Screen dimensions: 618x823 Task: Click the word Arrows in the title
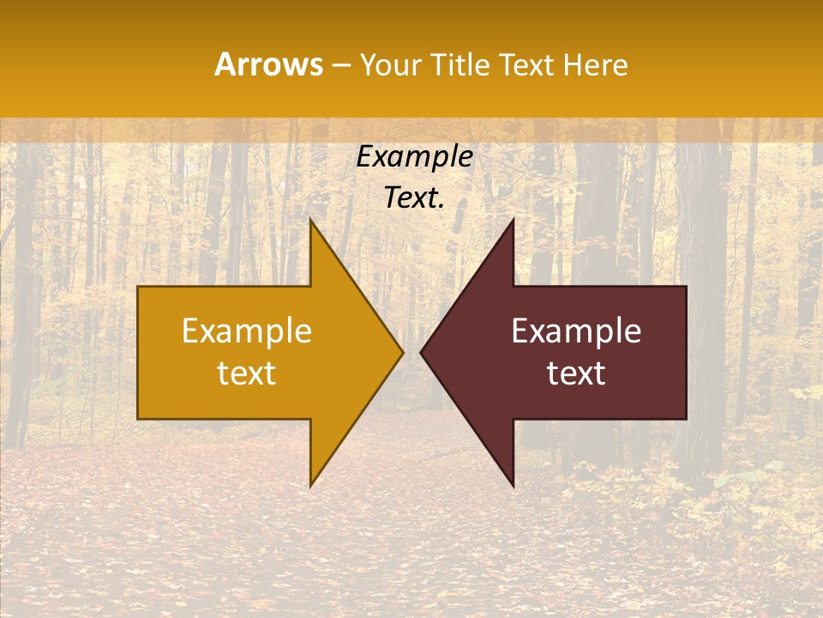268,64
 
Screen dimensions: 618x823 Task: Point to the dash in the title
340,65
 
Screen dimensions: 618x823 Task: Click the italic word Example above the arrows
415,157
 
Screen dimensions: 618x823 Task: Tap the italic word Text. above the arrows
415,197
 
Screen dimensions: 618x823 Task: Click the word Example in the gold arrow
247,331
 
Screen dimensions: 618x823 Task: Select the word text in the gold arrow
247,373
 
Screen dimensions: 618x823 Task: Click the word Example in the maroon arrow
576,331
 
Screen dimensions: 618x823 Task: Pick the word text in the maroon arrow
576,373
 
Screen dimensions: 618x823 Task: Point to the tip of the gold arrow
403,352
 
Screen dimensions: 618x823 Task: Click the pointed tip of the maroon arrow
421,352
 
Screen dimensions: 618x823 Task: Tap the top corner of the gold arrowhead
310,220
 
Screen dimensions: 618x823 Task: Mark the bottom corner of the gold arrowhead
310,486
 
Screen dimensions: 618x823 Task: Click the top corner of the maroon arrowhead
513,220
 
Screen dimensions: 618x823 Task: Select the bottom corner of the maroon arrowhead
513,486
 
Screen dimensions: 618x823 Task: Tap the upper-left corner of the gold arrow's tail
139,287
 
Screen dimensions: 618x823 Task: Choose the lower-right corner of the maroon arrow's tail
686,418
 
